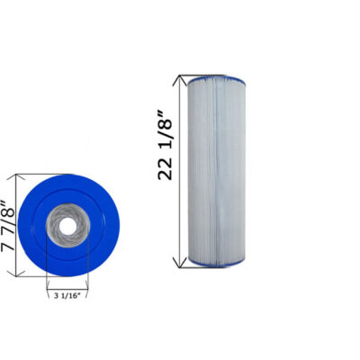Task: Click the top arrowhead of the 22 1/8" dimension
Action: tap(184, 78)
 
